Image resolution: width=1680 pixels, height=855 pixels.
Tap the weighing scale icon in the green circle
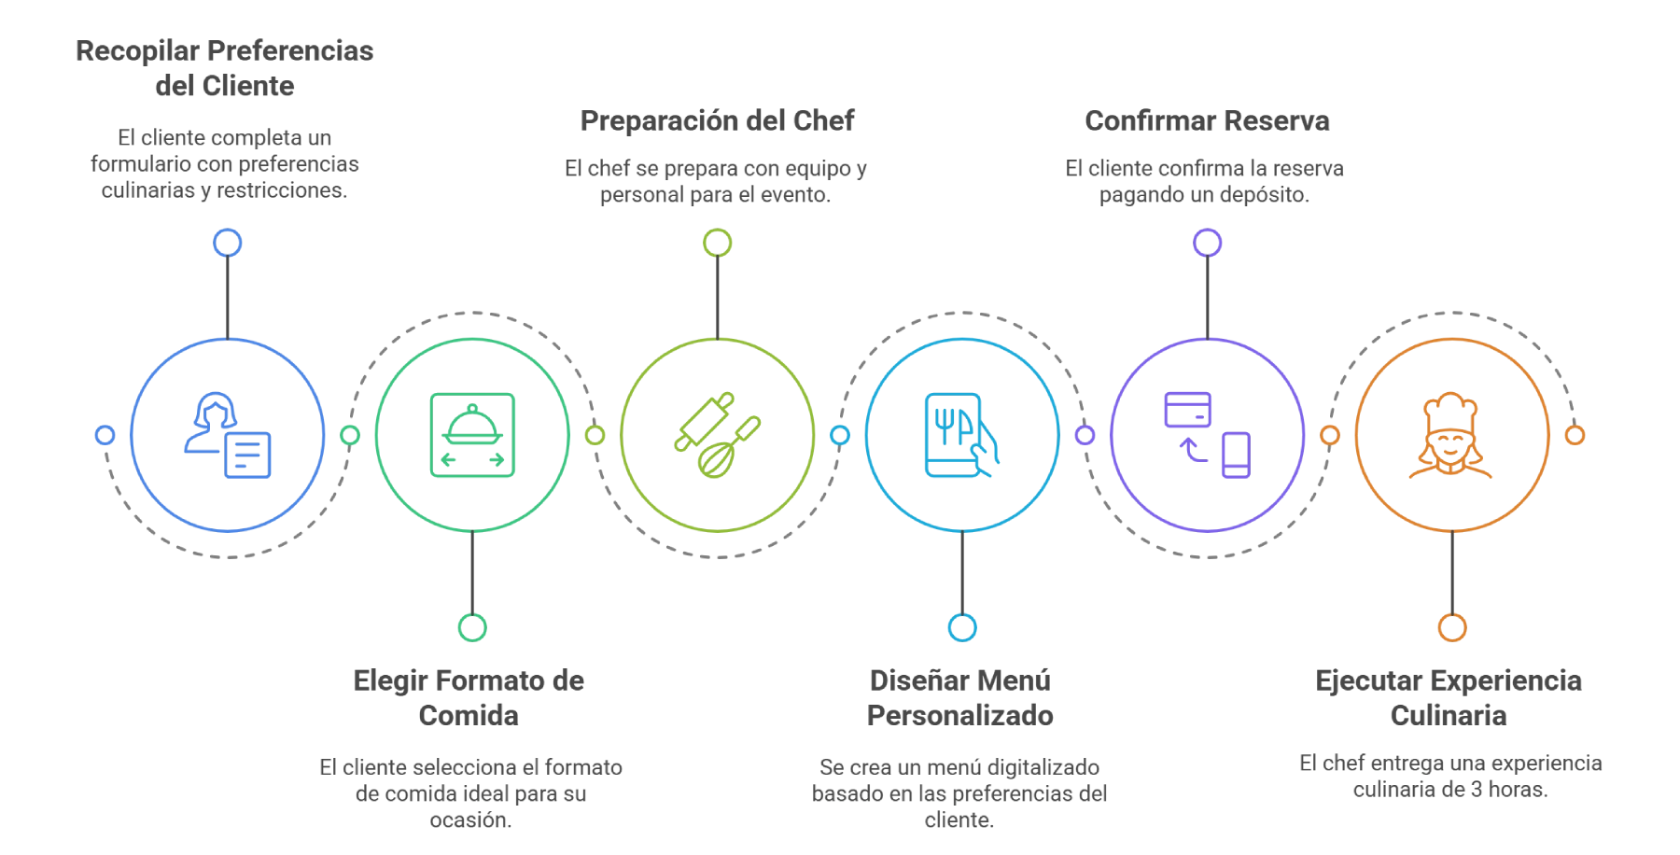(x=472, y=436)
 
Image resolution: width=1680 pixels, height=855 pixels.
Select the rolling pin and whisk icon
(x=717, y=436)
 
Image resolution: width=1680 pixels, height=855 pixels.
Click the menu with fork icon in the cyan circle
(x=959, y=436)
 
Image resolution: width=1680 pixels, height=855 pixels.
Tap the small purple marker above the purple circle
(x=1206, y=244)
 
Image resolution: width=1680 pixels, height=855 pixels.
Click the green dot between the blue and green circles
(x=349, y=436)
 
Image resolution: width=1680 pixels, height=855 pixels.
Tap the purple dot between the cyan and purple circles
(x=1084, y=436)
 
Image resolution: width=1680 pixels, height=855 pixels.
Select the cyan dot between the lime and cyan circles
(x=839, y=436)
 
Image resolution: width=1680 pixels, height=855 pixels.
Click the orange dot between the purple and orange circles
(x=1329, y=436)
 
